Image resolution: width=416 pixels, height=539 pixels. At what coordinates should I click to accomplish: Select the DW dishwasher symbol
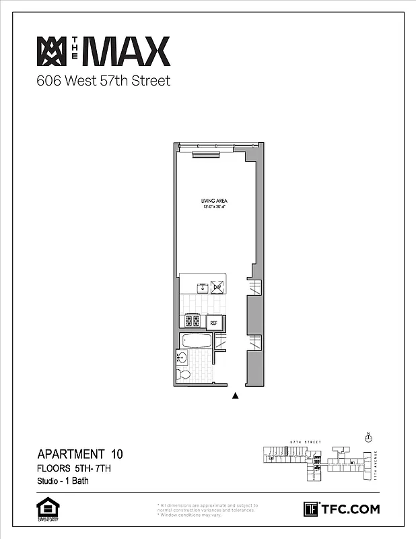click(x=217, y=287)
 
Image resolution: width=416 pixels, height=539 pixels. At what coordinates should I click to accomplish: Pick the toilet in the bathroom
click(x=182, y=375)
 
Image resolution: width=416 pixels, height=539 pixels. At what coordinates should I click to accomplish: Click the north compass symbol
click(x=368, y=438)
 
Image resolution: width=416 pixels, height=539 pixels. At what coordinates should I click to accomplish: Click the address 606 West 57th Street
click(x=103, y=82)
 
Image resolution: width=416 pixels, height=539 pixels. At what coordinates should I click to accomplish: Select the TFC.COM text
click(x=350, y=509)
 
